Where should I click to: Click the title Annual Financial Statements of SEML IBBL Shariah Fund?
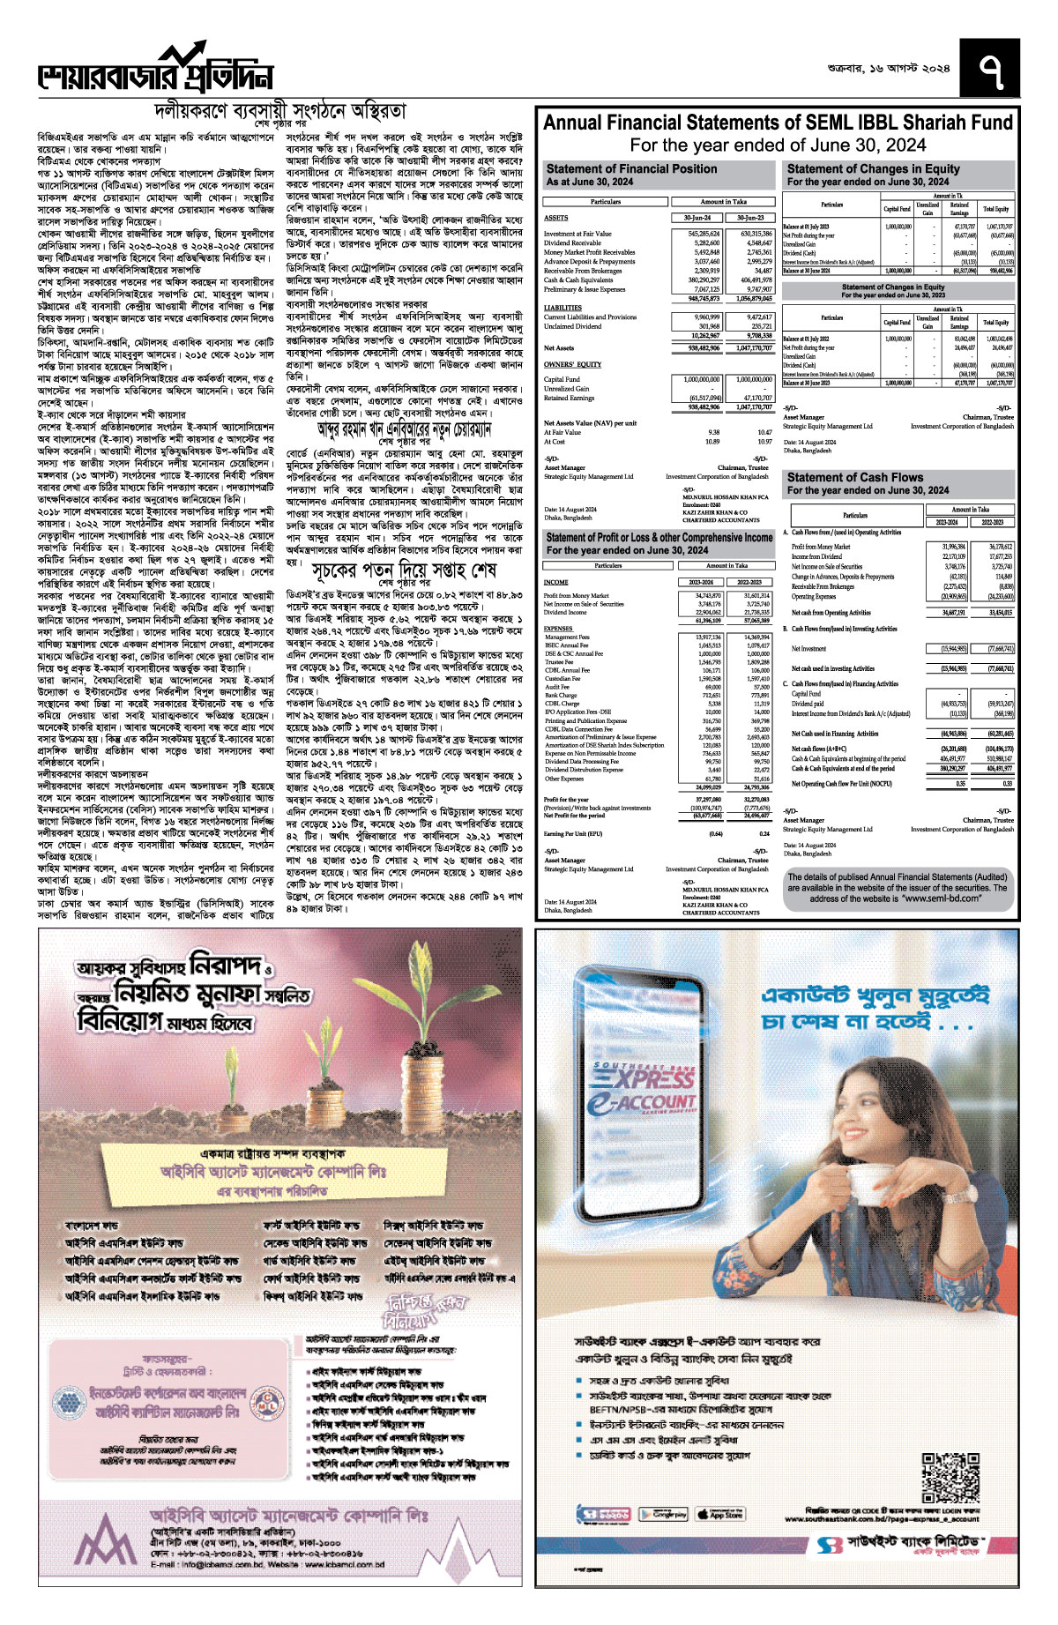[x=778, y=123]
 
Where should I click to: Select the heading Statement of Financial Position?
[x=631, y=168]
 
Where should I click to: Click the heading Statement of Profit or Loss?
[x=659, y=537]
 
